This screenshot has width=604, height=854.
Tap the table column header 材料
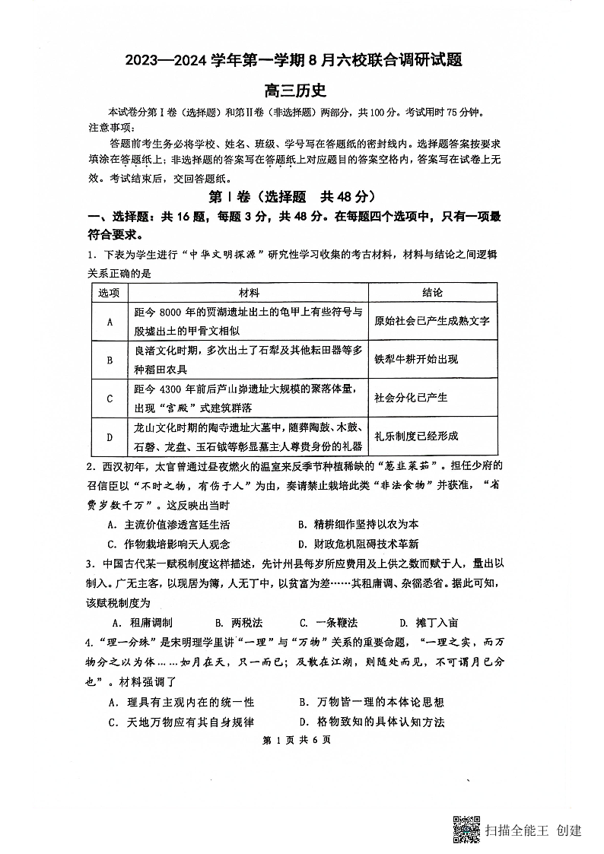pyautogui.click(x=248, y=293)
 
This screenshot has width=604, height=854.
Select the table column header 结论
pyautogui.click(x=432, y=293)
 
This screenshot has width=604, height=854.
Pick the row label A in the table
pyautogui.click(x=110, y=322)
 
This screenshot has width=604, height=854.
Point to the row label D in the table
pyautogui.click(x=110, y=437)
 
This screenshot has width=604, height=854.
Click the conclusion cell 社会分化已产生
pyautogui.click(x=411, y=398)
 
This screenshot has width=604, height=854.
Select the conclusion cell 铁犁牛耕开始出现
pyautogui.click(x=416, y=360)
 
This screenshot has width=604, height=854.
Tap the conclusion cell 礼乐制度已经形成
pyautogui.click(x=416, y=437)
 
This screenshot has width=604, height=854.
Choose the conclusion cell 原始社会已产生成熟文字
pyautogui.click(x=432, y=322)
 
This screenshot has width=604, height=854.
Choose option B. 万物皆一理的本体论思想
pyautogui.click(x=372, y=702)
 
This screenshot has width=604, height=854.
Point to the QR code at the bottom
pyautogui.click(x=466, y=829)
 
